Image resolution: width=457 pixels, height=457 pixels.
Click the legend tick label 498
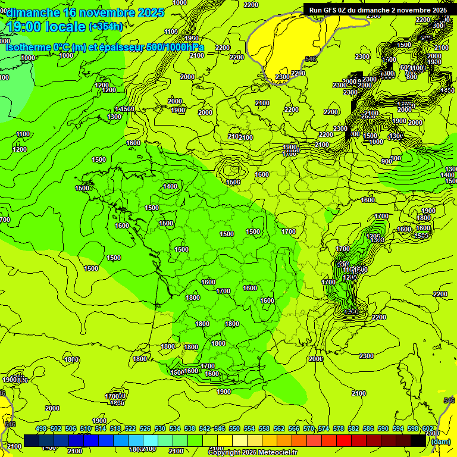[41, 428]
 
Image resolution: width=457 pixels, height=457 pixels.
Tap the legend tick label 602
[428, 428]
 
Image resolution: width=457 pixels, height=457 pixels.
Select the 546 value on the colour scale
[220, 428]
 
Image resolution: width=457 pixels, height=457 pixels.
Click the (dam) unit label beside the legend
[440, 441]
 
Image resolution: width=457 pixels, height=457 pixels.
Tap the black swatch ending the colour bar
[418, 440]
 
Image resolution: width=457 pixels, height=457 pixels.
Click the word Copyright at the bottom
[226, 453]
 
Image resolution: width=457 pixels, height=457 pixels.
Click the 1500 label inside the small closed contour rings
[233, 182]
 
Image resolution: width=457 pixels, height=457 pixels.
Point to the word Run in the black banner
[315, 10]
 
